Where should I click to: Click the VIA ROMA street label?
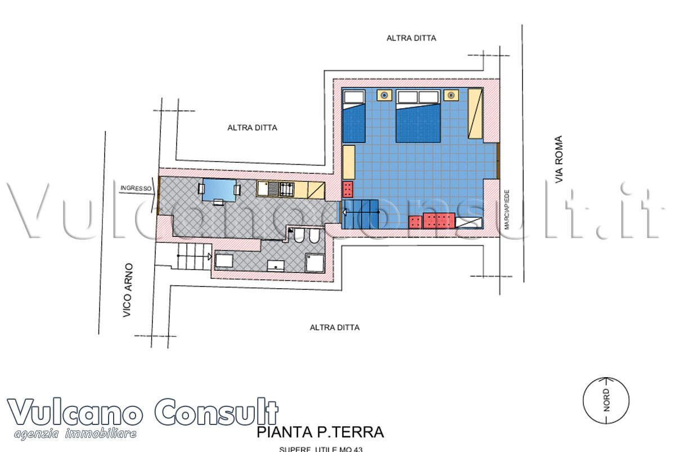point(559,159)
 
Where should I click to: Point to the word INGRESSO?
point(136,187)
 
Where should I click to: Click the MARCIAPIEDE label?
point(506,209)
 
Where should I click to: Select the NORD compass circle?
point(606,401)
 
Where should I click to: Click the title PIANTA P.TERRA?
point(320,432)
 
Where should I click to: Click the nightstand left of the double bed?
point(384,95)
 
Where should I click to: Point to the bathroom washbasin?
point(275,266)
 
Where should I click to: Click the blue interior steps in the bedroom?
point(360,213)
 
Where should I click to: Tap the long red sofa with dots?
point(439,220)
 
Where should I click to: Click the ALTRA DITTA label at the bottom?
point(334,327)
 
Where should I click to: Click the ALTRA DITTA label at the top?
point(411,38)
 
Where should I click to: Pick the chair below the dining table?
point(219,202)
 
